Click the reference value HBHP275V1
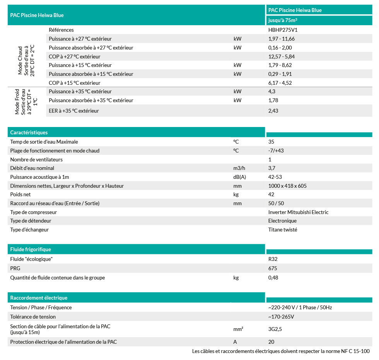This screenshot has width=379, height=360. click(282, 30)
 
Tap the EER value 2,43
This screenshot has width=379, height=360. click(273, 111)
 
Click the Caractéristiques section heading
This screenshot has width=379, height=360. click(29, 132)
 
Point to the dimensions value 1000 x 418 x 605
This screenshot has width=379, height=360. click(287, 186)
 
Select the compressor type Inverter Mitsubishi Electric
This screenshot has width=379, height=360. click(298, 212)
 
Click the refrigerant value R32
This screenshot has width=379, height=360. click(273, 259)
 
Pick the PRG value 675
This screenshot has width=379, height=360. click(273, 268)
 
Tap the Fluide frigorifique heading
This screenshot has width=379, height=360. click(31, 249)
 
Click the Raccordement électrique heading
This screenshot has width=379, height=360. click(39, 298)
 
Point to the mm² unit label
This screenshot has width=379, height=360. click(238, 329)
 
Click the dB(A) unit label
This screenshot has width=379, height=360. click(240, 177)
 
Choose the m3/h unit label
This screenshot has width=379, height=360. click(239, 168)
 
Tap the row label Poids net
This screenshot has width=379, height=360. click(20, 194)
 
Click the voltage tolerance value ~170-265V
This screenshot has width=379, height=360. click(281, 317)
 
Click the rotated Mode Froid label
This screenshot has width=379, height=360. click(23, 102)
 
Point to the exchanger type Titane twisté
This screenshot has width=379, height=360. click(283, 230)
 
